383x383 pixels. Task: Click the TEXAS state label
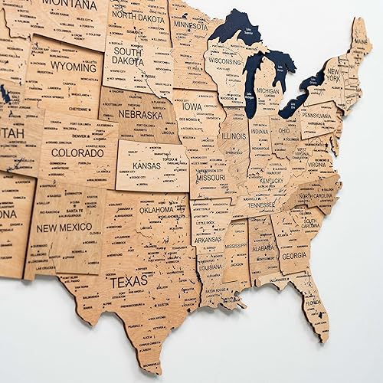(x=129, y=282)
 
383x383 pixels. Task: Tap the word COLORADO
(x=77, y=152)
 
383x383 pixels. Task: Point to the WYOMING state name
(x=74, y=67)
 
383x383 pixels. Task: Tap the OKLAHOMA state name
(x=156, y=209)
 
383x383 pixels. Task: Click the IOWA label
(x=192, y=107)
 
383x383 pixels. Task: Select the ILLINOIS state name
(x=234, y=136)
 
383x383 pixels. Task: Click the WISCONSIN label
(x=224, y=61)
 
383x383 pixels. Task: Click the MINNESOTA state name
(x=191, y=25)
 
